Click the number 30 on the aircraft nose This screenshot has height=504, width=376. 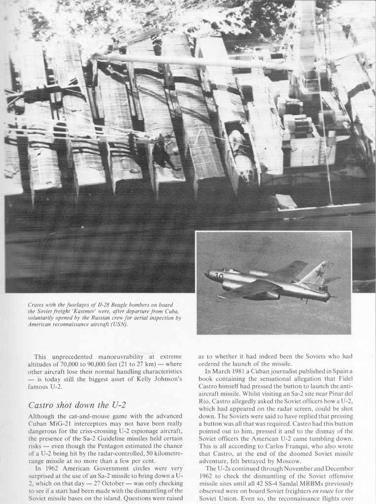(219, 277)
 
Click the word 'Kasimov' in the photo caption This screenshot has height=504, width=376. (97, 311)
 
